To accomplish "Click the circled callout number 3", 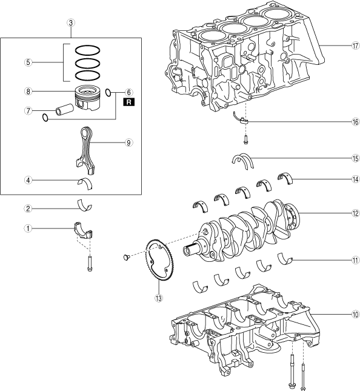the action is pyautogui.click(x=71, y=23).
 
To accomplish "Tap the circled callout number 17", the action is pyautogui.click(x=356, y=45).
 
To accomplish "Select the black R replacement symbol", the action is pyautogui.click(x=128, y=102).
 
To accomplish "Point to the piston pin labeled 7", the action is pyautogui.click(x=64, y=110).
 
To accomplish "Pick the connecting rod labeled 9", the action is pyautogui.click(x=86, y=150).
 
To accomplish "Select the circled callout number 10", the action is pyautogui.click(x=356, y=315).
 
